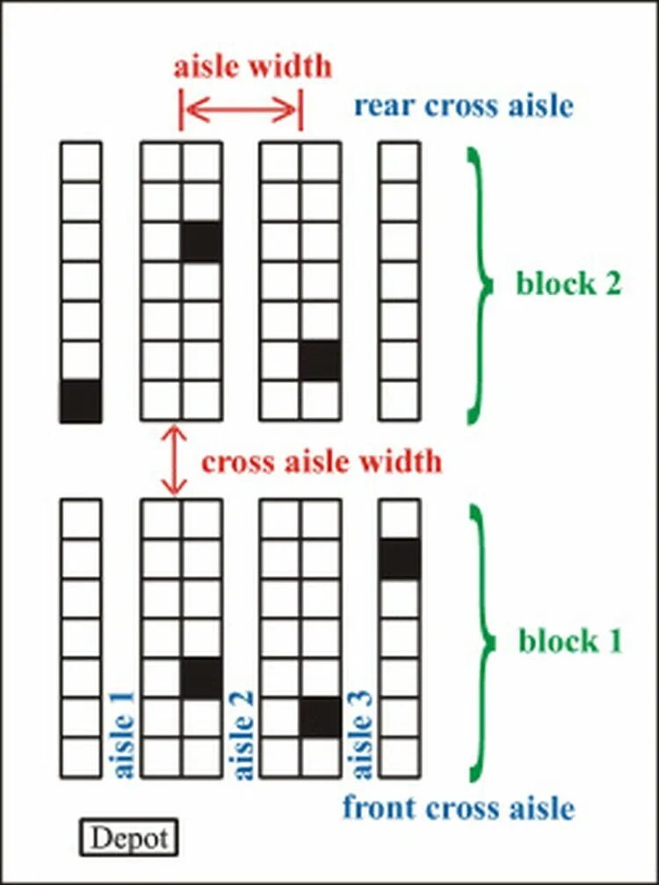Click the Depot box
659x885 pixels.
pos(128,837)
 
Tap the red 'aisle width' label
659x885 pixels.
pos(252,68)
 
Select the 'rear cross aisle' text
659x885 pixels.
pos(463,105)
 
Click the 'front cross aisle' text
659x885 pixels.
pos(459,807)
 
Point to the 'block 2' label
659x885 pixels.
pos(568,284)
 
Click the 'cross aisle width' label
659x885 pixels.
pos(321,461)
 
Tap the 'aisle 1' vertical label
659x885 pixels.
pos(124,734)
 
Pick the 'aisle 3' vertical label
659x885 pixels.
pos(361,734)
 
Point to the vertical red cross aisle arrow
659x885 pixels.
pos(176,460)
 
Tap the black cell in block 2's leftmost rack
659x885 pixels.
pos(81,401)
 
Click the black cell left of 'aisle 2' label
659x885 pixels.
pos(201,679)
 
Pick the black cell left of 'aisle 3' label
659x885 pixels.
pos(320,717)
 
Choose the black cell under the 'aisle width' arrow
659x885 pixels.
pos(201,242)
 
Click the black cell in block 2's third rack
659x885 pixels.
pos(320,361)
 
